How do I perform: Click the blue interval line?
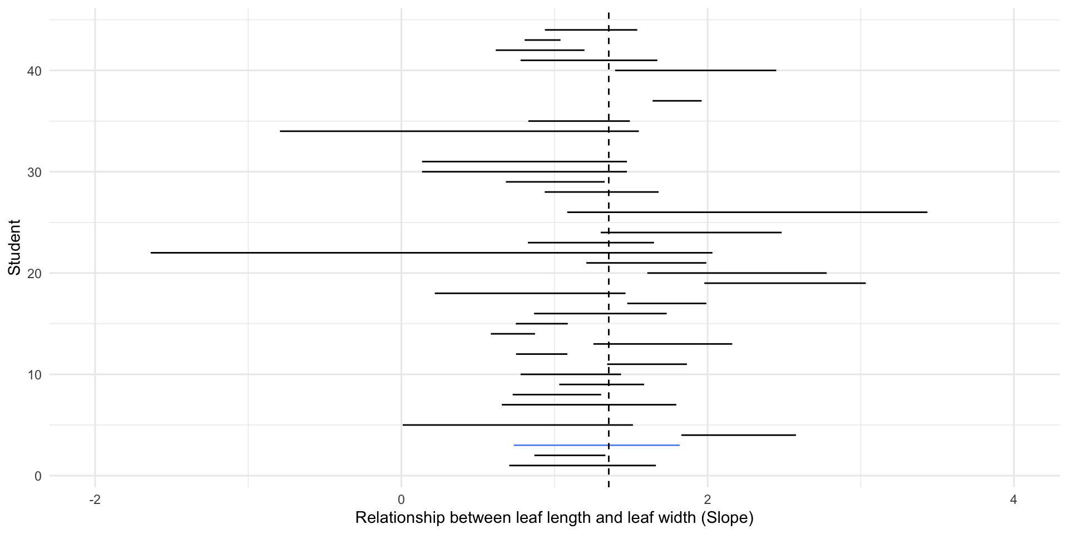coord(596,445)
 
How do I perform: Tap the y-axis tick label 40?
coord(34,71)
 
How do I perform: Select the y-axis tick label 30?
coord(34,172)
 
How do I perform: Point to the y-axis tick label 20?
coord(34,274)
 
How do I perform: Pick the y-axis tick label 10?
coord(34,375)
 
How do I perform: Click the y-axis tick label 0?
coord(38,476)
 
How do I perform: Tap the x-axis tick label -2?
coord(95,500)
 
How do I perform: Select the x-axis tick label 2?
coord(708,500)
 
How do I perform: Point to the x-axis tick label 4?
coord(1013,500)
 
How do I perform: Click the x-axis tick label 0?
coord(401,500)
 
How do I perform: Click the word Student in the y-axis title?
coord(15,248)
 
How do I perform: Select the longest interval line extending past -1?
coord(431,253)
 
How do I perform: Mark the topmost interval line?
coord(591,29)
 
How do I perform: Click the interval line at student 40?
coord(695,70)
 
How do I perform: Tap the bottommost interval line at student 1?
coord(582,465)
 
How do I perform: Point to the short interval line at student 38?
coord(677,101)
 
